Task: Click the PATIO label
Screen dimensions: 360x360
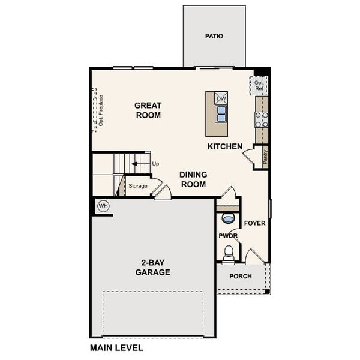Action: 214,36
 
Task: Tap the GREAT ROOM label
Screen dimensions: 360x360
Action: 148,110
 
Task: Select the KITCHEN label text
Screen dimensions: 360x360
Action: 224,146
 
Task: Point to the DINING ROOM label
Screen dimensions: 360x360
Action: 193,179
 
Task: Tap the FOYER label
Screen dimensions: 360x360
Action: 255,223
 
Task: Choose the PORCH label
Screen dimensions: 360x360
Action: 241,276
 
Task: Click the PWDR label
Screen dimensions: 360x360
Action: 228,236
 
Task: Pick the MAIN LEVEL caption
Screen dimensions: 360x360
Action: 117,347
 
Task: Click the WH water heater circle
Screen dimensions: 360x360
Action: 103,206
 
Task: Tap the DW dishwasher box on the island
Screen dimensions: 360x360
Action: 221,98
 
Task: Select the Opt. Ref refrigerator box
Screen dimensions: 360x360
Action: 259,86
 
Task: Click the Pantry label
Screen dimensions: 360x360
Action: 265,157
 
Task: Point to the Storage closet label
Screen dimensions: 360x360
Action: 137,186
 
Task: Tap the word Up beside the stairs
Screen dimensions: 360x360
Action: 155,163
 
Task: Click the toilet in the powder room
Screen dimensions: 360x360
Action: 229,255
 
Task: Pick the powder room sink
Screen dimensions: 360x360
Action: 228,217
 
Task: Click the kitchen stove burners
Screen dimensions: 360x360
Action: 262,119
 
